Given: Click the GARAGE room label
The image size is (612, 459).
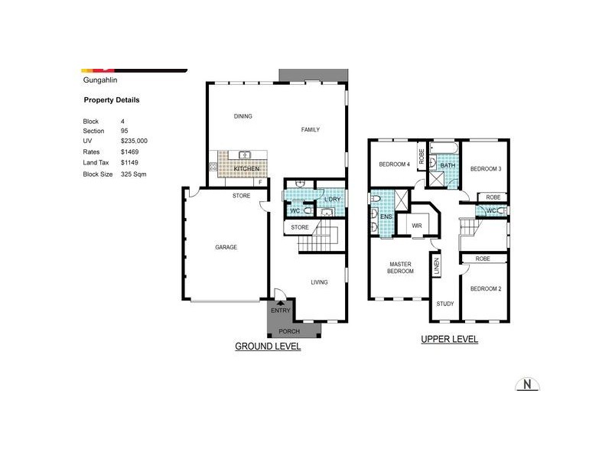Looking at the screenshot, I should coord(226,247).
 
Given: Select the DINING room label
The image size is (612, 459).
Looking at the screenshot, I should coord(243,116).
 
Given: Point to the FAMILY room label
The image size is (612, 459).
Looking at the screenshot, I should coord(310,130).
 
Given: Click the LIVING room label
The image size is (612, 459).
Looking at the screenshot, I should coord(319,282).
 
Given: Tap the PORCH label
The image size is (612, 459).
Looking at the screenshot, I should coord(288,331).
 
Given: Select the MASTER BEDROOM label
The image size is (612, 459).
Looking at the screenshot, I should coord(399,268).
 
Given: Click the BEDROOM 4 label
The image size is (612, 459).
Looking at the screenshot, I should coord(395,164).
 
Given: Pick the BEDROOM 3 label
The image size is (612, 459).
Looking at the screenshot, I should coord(485,168).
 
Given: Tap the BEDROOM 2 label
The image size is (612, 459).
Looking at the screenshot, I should coord(485,288).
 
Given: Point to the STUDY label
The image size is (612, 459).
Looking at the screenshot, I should coord(444,304).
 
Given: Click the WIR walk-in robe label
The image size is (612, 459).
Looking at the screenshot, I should coord(417,226).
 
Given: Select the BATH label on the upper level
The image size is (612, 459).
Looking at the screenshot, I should coord(448,165).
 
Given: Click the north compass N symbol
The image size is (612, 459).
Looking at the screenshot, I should coord(526,384).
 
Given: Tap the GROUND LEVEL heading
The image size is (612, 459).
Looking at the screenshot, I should coord(267,347).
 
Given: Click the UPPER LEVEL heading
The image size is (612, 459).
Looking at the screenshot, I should coord(449,339).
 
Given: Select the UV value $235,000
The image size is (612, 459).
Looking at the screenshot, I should coord(134,142).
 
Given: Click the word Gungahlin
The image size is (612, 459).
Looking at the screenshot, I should coord(99,78).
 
